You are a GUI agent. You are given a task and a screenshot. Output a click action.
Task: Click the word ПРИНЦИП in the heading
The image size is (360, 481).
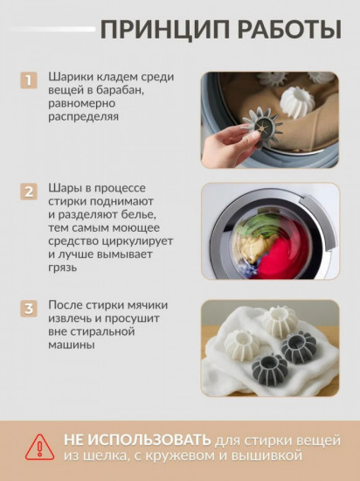point(165,30)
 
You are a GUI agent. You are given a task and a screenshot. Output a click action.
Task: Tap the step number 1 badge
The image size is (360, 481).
point(29,80)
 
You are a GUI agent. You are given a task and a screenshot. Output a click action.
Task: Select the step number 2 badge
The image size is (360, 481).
point(29,192)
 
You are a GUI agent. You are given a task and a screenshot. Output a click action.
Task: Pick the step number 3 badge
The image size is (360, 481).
point(29,309)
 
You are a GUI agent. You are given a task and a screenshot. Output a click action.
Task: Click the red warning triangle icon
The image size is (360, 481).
point(39,447)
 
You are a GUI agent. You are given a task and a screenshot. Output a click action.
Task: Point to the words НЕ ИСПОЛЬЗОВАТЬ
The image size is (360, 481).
point(137,440)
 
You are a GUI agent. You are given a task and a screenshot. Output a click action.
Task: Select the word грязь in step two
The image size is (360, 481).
point(63,268)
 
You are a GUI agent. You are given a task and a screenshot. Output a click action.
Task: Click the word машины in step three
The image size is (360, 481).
point(71,345)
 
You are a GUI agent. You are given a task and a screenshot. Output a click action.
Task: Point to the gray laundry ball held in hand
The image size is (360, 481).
point(262,127)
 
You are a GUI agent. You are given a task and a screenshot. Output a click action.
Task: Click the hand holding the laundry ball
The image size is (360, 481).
point(230,146)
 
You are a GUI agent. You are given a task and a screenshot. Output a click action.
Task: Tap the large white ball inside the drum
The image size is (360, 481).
point(297,102)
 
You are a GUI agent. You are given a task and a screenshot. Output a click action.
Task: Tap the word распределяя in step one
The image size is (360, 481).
point(83,117)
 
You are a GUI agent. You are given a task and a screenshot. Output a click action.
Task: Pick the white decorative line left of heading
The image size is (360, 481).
point(52,29)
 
